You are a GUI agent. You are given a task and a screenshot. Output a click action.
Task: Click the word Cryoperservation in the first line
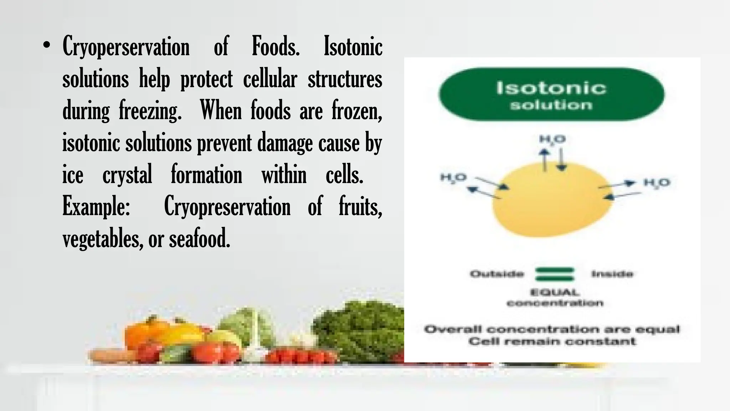coord(126,47)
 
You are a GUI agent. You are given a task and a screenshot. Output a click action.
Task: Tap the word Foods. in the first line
coord(276,46)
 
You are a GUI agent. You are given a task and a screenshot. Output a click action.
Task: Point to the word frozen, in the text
coord(357,111)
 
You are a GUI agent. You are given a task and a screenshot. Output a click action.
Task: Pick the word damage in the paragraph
coord(285,143)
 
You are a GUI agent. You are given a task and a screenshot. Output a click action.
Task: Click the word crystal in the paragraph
coord(127,175)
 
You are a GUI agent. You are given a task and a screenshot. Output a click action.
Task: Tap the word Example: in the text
coord(96,207)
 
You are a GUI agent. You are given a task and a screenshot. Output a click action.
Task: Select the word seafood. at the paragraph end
coord(200,239)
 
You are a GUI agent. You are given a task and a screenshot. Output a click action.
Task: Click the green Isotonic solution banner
coord(551,95)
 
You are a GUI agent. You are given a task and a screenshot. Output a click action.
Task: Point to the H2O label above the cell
coord(552,139)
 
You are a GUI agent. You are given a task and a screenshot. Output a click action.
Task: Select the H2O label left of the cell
coord(453,177)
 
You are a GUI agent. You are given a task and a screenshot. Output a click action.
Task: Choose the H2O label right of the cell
coord(657,183)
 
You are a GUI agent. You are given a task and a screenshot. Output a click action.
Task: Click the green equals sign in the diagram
coord(555,274)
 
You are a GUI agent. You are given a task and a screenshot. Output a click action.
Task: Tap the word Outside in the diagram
coord(497,274)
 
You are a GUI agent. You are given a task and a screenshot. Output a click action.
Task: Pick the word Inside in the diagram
coord(612,274)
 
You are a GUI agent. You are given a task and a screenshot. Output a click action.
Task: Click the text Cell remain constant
coord(552,341)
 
